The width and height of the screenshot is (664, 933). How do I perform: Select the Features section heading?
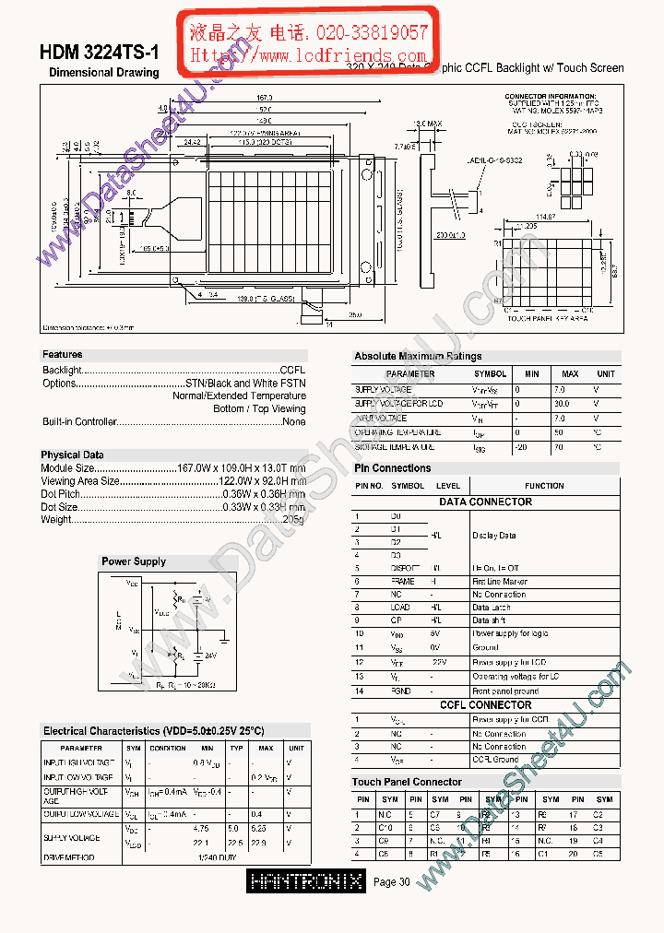[62, 355]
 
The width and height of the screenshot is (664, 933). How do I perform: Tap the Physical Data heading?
[72, 455]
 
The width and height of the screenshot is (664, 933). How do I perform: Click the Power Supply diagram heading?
[134, 561]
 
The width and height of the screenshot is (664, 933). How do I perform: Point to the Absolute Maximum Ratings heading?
[418, 356]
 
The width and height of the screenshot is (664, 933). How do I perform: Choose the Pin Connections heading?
[393, 468]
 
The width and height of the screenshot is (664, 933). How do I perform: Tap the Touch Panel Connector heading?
[407, 782]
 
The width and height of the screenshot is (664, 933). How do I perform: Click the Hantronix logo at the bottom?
[306, 881]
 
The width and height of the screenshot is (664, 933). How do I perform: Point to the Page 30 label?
[392, 882]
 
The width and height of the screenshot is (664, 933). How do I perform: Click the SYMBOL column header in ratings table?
[490, 374]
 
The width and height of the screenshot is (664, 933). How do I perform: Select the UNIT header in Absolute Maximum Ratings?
[606, 374]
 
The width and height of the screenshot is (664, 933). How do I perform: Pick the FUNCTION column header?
[544, 486]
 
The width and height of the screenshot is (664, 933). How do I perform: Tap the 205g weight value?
[293, 519]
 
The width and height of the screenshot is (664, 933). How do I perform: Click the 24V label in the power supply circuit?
[210, 656]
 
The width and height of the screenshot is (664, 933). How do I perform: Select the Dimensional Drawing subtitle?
[103, 73]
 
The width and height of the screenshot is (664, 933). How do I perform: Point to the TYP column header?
[237, 748]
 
